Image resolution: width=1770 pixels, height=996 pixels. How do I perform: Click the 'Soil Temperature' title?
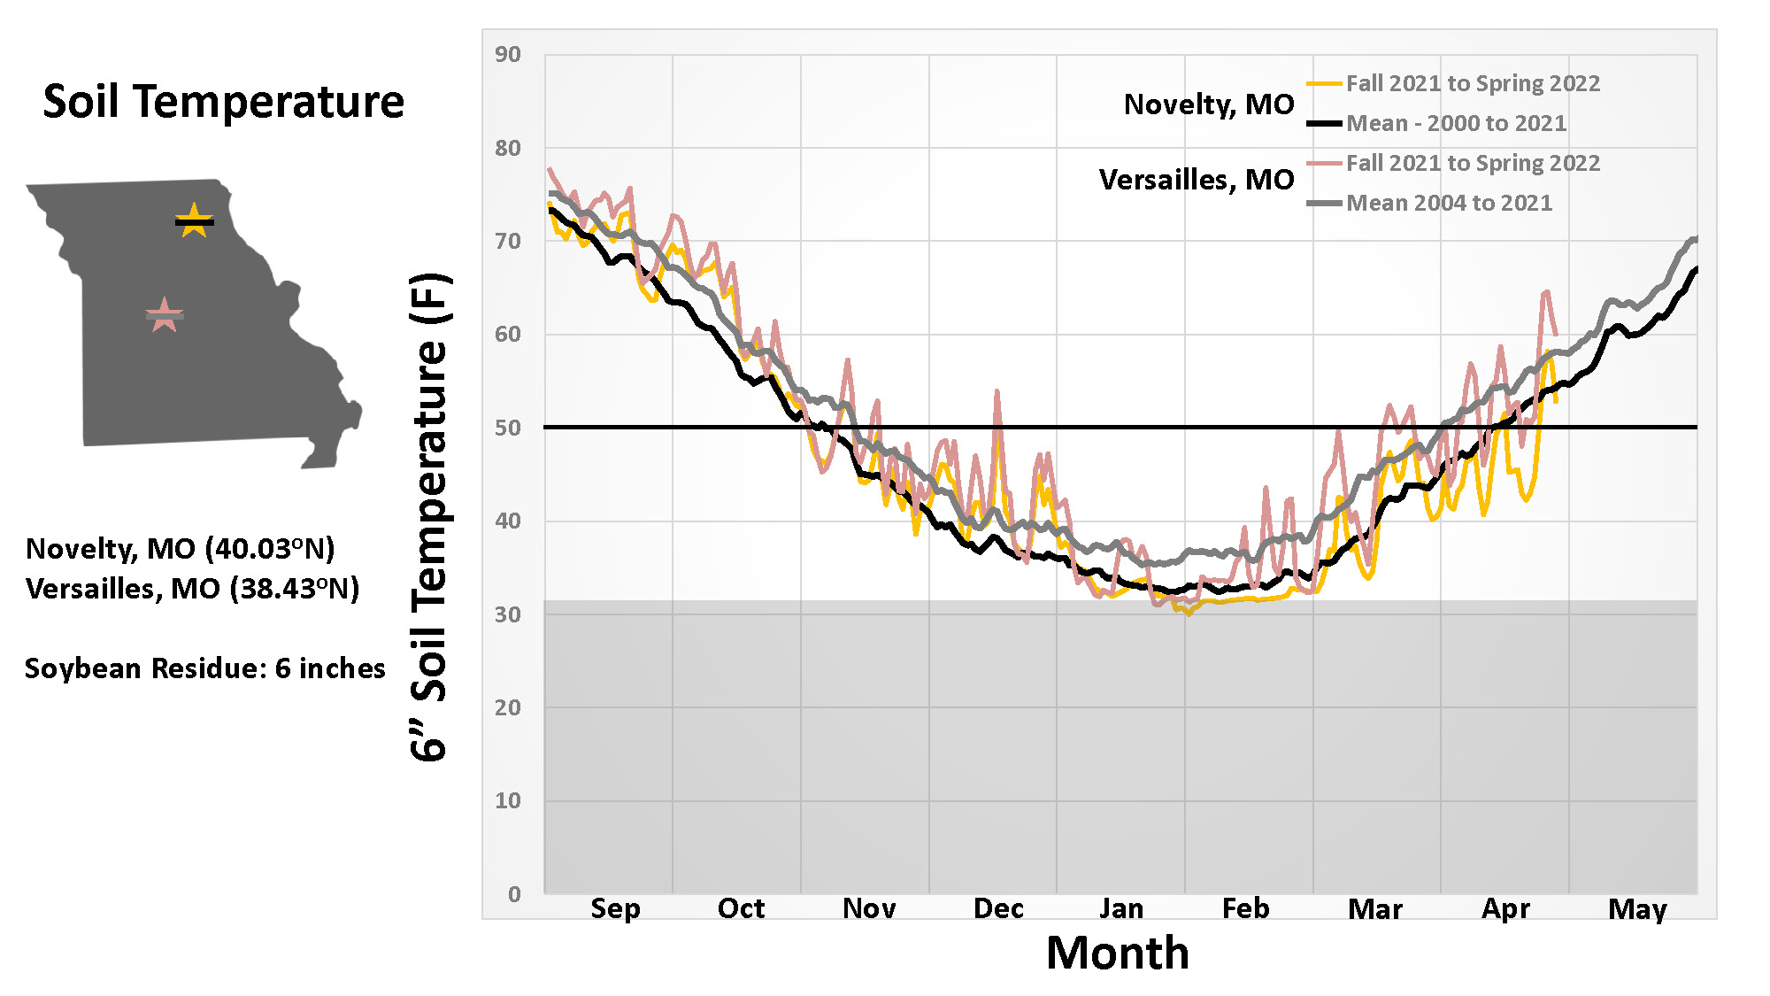click(x=223, y=102)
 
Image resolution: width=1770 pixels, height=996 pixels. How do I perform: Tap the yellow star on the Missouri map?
click(x=194, y=220)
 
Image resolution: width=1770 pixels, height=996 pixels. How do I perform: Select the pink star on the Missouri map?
click(x=164, y=315)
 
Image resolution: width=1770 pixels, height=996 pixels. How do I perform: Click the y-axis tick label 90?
click(x=508, y=55)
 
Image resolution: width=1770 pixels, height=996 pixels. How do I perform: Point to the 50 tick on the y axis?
click(x=508, y=428)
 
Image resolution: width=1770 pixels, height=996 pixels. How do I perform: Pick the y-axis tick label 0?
click(x=514, y=894)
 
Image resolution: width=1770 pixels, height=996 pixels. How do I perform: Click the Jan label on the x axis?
click(x=1121, y=908)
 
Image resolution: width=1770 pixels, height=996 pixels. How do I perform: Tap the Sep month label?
click(x=615, y=908)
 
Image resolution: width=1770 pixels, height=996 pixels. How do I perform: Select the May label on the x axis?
click(x=1637, y=909)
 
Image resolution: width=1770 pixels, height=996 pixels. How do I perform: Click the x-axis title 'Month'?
click(x=1118, y=954)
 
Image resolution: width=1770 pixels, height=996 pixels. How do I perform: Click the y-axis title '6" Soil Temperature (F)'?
click(x=430, y=517)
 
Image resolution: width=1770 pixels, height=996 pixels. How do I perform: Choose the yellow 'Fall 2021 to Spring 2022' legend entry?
click(x=1473, y=83)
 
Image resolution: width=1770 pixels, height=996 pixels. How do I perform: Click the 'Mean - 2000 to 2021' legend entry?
click(x=1456, y=123)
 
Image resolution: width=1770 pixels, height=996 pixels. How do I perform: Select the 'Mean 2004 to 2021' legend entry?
click(x=1449, y=203)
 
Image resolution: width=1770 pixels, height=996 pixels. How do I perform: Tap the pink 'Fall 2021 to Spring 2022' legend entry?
click(x=1473, y=163)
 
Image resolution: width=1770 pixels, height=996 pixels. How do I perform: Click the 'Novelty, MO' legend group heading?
click(x=1208, y=104)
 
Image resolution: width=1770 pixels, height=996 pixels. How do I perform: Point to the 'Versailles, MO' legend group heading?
click(x=1196, y=180)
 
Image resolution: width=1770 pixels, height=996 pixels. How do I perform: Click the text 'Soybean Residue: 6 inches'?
click(x=205, y=668)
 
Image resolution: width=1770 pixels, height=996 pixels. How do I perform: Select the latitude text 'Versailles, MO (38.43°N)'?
click(x=193, y=589)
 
